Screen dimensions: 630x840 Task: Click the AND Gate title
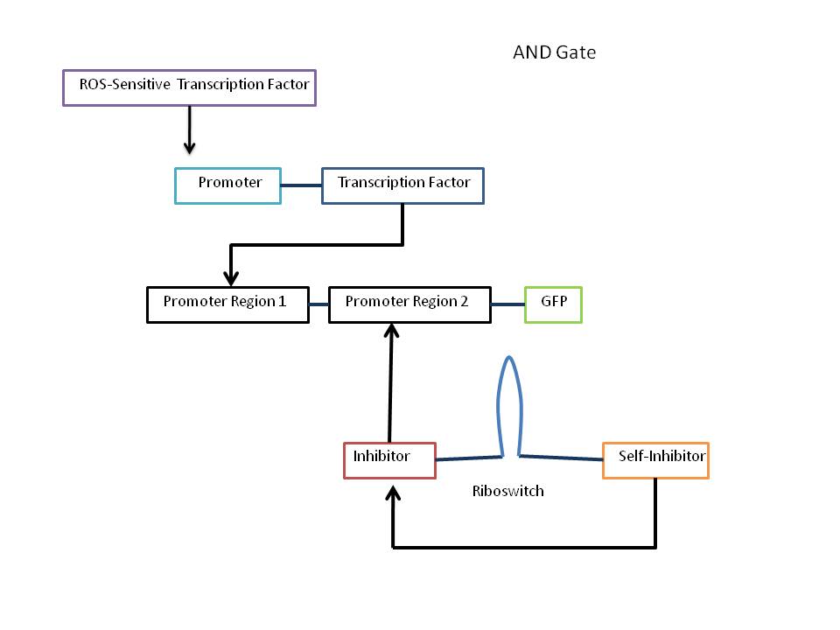pos(554,53)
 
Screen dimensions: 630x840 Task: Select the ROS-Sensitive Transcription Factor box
pos(189,87)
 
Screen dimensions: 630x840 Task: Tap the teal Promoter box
pos(227,185)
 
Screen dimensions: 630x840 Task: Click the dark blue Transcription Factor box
pos(402,185)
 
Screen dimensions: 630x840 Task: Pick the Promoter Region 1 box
pos(227,304)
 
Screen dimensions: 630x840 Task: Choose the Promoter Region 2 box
pos(409,304)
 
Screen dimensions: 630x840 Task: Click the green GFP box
pos(553,304)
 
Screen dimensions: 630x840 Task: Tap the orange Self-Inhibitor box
pos(655,459)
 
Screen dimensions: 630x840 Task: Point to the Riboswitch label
pos(507,492)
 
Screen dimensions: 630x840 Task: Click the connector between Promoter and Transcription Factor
pos(301,185)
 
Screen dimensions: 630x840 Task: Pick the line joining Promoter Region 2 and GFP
pos(507,304)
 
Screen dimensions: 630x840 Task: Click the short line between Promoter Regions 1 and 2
pos(318,304)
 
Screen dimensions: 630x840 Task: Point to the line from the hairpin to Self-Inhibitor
pos(562,455)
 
